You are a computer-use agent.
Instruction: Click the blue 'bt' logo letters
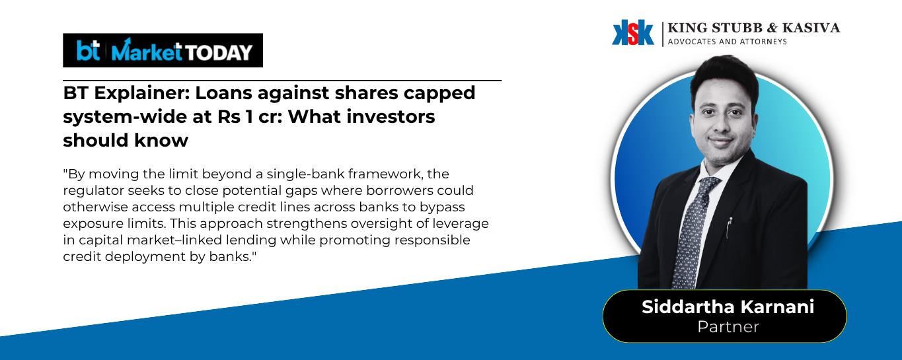88,50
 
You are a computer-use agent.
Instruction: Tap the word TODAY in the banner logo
218,52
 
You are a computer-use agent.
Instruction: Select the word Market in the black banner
147,50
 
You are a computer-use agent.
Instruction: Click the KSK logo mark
632,32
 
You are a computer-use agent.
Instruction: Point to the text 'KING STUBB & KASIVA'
754,28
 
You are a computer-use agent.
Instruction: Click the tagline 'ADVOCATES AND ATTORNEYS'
728,42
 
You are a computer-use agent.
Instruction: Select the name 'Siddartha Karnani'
728,307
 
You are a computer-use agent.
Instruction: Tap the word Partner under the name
728,326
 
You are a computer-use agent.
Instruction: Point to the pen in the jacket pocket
729,227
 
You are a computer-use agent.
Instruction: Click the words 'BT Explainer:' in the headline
126,93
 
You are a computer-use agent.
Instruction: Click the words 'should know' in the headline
126,140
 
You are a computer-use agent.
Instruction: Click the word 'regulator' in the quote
93,191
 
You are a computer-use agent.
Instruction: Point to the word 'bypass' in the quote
442,207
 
